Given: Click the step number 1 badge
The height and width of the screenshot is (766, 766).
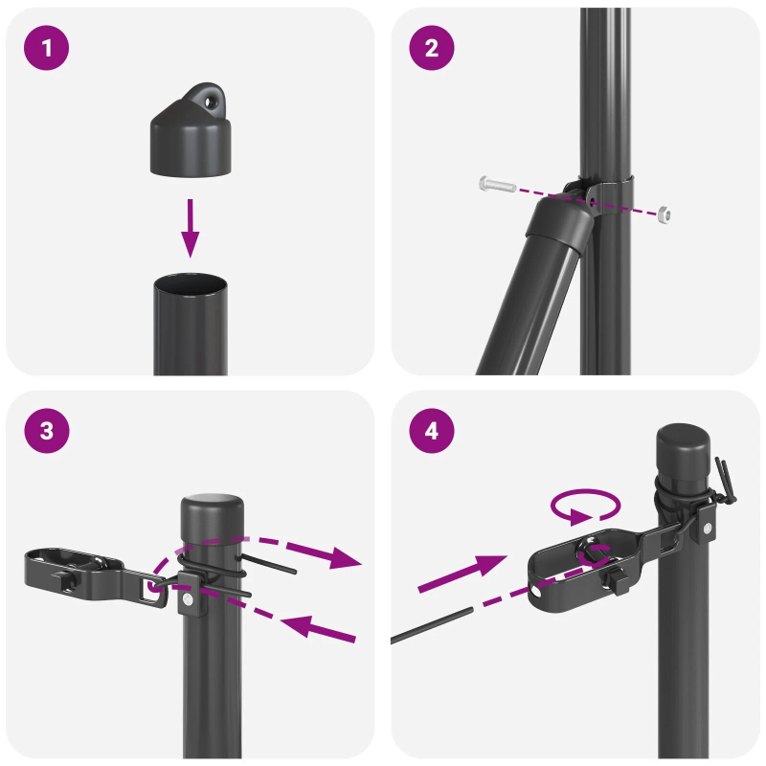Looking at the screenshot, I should (47, 48).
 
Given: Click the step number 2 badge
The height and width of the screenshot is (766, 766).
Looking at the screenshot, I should (431, 48).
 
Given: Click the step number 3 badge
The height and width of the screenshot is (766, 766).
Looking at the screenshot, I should (47, 431).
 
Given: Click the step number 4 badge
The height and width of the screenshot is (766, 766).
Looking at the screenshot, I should (431, 431).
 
